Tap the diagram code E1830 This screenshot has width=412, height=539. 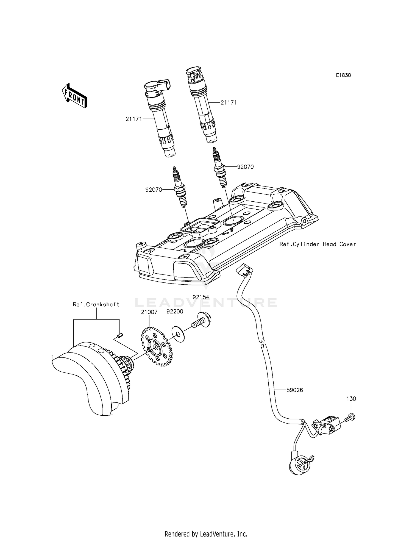343,75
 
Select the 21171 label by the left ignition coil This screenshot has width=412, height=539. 134,119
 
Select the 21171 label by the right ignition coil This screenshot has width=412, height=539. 229,102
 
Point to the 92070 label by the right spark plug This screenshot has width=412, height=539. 245,167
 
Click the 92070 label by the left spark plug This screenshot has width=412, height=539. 154,190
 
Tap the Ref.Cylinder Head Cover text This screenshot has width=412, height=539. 318,244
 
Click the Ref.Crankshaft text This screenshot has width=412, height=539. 96,304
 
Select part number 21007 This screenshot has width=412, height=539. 149,312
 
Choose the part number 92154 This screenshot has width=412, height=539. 201,297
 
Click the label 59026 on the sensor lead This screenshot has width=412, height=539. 294,390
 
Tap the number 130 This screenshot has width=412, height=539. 351,399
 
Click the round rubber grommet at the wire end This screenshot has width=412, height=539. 298,465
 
